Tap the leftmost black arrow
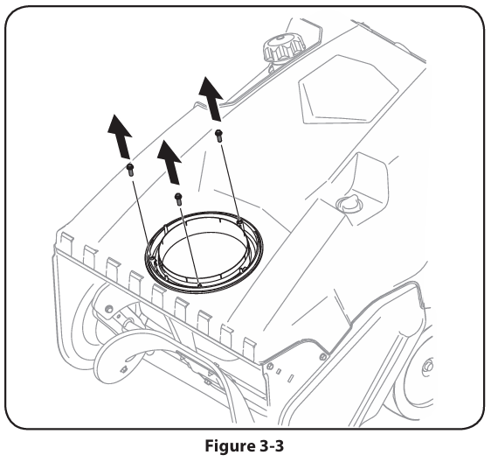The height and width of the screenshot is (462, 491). [120, 136]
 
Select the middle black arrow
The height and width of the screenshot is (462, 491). [169, 162]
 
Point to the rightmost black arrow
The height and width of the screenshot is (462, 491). [211, 99]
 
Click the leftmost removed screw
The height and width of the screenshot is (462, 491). [130, 169]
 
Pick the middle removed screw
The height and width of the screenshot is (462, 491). [178, 199]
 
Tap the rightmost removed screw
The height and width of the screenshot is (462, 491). [219, 136]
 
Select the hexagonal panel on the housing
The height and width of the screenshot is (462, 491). [349, 90]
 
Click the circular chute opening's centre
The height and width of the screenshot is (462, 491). [204, 253]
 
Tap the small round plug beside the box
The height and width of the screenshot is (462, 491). [349, 204]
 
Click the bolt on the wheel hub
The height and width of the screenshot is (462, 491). [428, 366]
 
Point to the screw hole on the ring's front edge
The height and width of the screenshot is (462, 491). [199, 285]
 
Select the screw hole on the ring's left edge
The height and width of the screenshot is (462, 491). [152, 258]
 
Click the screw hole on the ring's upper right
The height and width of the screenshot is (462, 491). [239, 222]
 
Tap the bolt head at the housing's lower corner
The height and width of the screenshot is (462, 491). [270, 366]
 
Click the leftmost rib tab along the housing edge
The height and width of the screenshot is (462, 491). [67, 244]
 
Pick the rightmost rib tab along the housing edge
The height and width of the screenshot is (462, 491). [250, 348]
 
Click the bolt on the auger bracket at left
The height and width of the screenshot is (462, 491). [109, 308]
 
